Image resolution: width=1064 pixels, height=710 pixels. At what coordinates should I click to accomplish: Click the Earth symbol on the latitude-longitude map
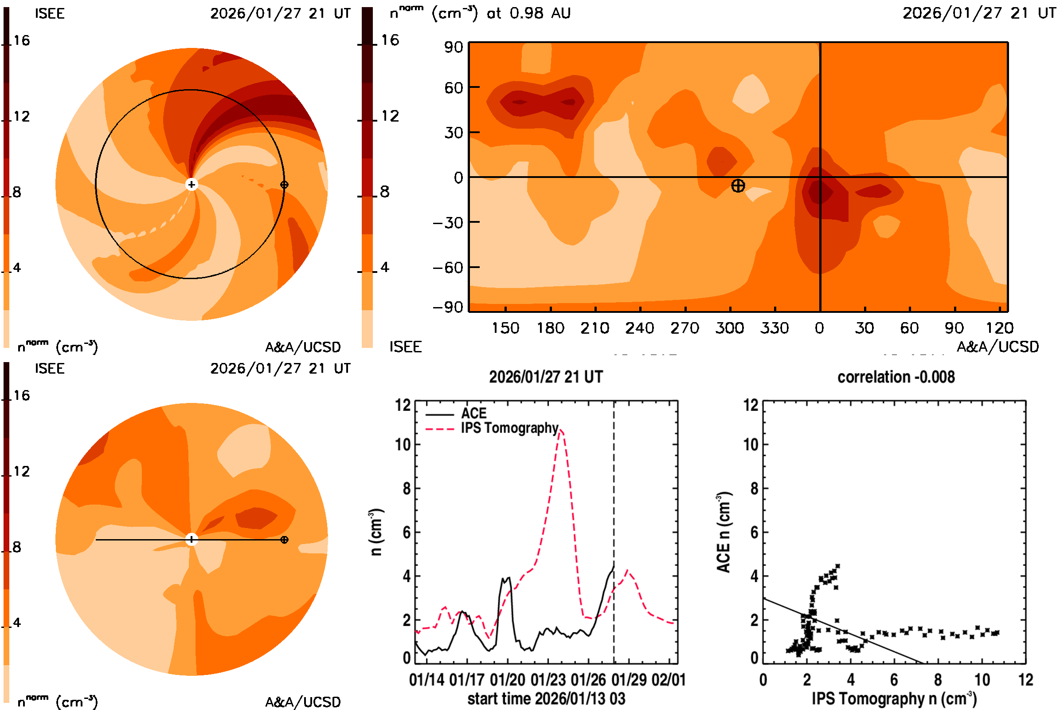tap(738, 185)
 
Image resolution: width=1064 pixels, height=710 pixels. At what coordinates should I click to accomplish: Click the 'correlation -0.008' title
tap(896, 377)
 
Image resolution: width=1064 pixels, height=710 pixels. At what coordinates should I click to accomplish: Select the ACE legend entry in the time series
tap(473, 414)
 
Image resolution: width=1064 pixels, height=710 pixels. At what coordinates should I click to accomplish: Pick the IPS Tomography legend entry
tap(509, 428)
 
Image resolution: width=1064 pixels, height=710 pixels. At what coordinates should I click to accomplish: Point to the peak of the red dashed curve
tap(560, 430)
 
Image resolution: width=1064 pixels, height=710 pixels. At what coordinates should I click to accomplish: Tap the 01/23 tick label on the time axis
tap(548, 680)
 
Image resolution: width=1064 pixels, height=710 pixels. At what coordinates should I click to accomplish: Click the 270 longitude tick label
tap(685, 328)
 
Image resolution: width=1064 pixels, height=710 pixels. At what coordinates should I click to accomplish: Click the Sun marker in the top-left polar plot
tap(192, 184)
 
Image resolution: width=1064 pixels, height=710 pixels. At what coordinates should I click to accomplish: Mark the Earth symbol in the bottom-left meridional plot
tap(284, 540)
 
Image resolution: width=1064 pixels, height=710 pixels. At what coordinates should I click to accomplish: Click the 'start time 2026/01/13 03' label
tap(546, 698)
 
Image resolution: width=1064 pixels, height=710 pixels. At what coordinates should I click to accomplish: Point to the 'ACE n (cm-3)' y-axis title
tap(724, 532)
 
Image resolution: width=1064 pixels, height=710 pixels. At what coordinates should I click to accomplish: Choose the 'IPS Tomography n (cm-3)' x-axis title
tap(894, 698)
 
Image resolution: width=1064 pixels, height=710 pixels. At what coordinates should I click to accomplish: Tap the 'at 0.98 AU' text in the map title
tap(528, 13)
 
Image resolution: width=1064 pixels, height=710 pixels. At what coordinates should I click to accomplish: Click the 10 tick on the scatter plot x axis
tap(982, 680)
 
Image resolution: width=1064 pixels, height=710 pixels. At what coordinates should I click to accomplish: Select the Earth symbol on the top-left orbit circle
tap(284, 185)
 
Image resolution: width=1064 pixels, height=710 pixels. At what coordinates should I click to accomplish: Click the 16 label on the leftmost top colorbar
tap(21, 40)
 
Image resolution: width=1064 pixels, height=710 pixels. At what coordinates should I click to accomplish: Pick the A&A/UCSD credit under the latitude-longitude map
tap(997, 347)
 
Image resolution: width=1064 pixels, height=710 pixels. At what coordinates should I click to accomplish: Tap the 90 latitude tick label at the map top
tap(453, 47)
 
